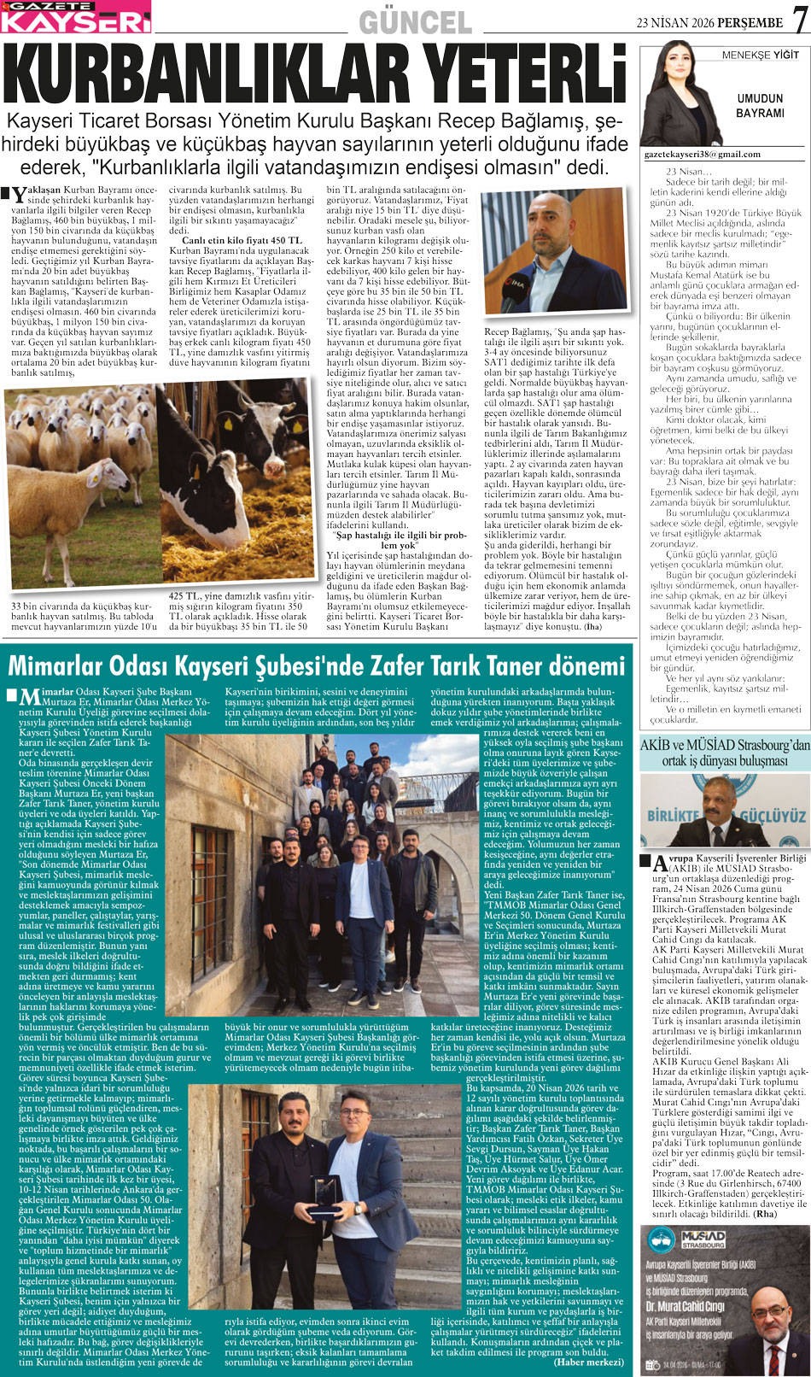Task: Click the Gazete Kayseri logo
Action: click(76, 17)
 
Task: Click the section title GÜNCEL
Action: click(415, 22)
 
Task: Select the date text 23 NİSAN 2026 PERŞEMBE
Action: click(709, 23)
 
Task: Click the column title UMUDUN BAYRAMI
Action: click(760, 106)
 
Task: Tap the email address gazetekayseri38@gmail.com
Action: click(702, 155)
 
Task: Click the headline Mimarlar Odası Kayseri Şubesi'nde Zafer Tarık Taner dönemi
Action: click(317, 665)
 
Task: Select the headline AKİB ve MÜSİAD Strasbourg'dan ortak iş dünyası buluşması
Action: click(725, 752)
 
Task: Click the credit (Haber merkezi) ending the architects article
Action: click(588, 1362)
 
